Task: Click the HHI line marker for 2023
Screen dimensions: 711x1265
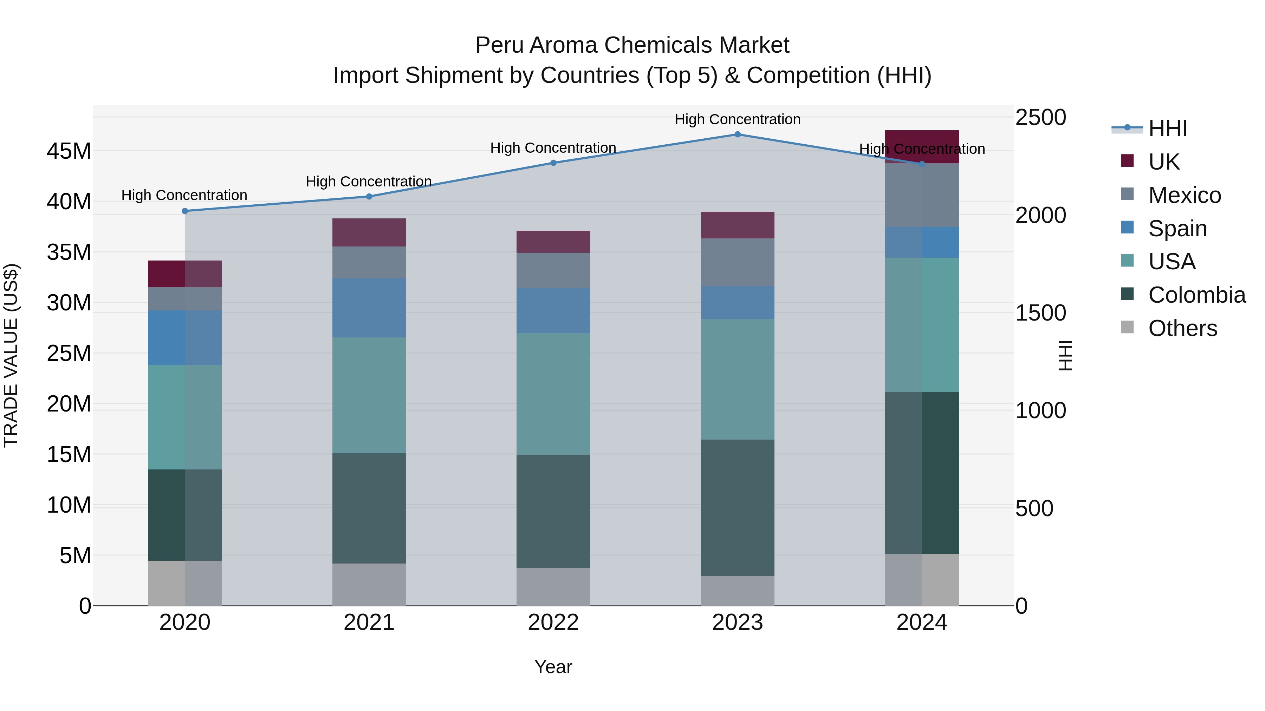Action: [737, 134]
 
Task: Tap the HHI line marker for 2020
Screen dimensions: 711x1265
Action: [184, 211]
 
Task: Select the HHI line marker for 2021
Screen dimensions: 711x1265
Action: [369, 197]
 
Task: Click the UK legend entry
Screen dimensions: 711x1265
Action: [1163, 162]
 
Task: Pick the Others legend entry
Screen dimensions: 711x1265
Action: [1182, 328]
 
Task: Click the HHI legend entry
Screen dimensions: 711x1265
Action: [1167, 129]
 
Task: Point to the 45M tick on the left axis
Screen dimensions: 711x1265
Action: [69, 151]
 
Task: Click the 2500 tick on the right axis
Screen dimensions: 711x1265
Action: [1040, 118]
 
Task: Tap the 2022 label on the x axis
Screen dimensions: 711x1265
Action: [553, 623]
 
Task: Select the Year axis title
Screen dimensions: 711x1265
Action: [553, 667]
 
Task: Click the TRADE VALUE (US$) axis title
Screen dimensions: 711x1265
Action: [11, 355]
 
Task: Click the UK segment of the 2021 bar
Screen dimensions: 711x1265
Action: [369, 232]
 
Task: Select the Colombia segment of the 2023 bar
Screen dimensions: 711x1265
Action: [737, 507]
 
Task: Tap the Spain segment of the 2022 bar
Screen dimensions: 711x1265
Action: [553, 311]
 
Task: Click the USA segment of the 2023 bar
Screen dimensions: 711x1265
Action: [737, 379]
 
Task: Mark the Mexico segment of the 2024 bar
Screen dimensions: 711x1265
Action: [922, 195]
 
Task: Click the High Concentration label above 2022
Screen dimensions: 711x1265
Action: [553, 148]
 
